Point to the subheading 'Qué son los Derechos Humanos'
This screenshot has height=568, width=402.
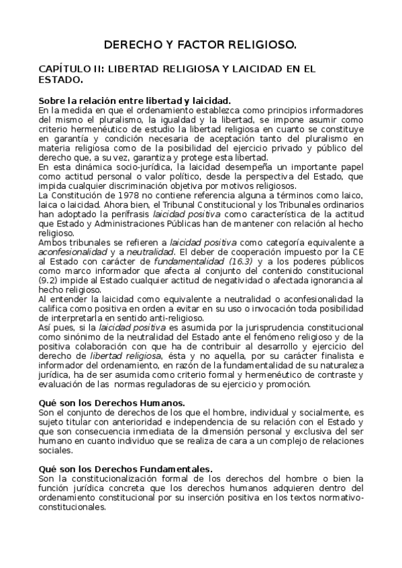pyautogui.click(x=103, y=403)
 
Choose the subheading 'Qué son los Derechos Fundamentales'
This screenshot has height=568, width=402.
pyautogui.click(x=125, y=470)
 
